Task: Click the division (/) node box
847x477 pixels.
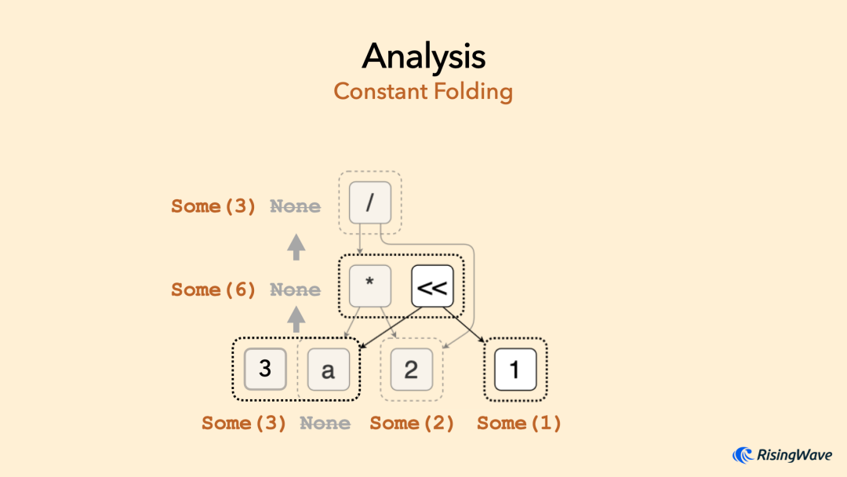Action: coord(369,202)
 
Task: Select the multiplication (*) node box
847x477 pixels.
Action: coord(369,286)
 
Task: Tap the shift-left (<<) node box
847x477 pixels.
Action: coord(432,286)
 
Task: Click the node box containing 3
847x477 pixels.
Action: coord(265,368)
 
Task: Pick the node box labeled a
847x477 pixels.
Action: coord(328,370)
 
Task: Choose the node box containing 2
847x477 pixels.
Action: coord(411,370)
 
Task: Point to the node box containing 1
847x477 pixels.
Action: coord(515,370)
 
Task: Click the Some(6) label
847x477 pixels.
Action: coord(213,289)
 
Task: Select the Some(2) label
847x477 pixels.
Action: coord(412,423)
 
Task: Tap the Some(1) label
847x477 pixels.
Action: coord(519,423)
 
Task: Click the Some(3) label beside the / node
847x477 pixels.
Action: coord(213,206)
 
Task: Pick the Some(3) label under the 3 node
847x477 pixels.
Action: coord(244,423)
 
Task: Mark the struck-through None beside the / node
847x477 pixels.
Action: coord(296,206)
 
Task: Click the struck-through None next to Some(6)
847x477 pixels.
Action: coord(296,289)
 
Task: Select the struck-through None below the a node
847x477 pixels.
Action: coord(325,423)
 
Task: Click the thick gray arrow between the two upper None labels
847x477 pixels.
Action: coord(296,247)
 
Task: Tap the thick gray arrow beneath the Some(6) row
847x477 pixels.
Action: coord(296,319)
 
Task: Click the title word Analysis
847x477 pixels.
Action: coord(423,56)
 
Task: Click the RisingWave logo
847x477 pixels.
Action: coord(782,455)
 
